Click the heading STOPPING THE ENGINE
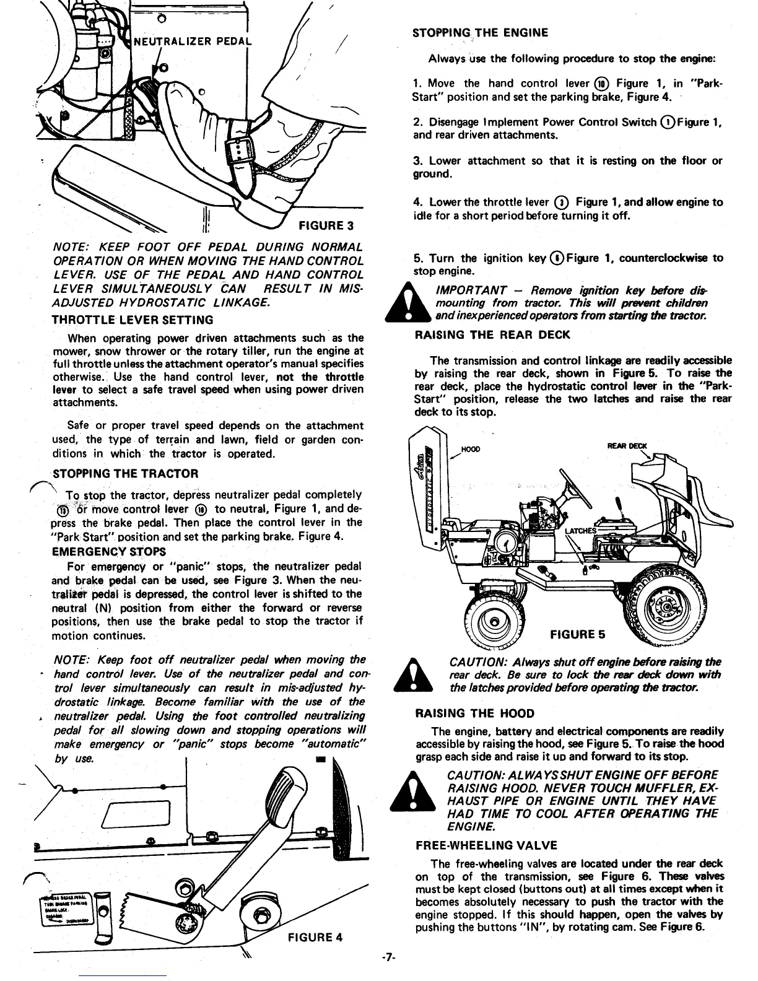[480, 33]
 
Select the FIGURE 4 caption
[315, 936]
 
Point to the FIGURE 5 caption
[578, 635]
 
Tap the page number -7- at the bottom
[388, 957]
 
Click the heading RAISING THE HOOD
[474, 713]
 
